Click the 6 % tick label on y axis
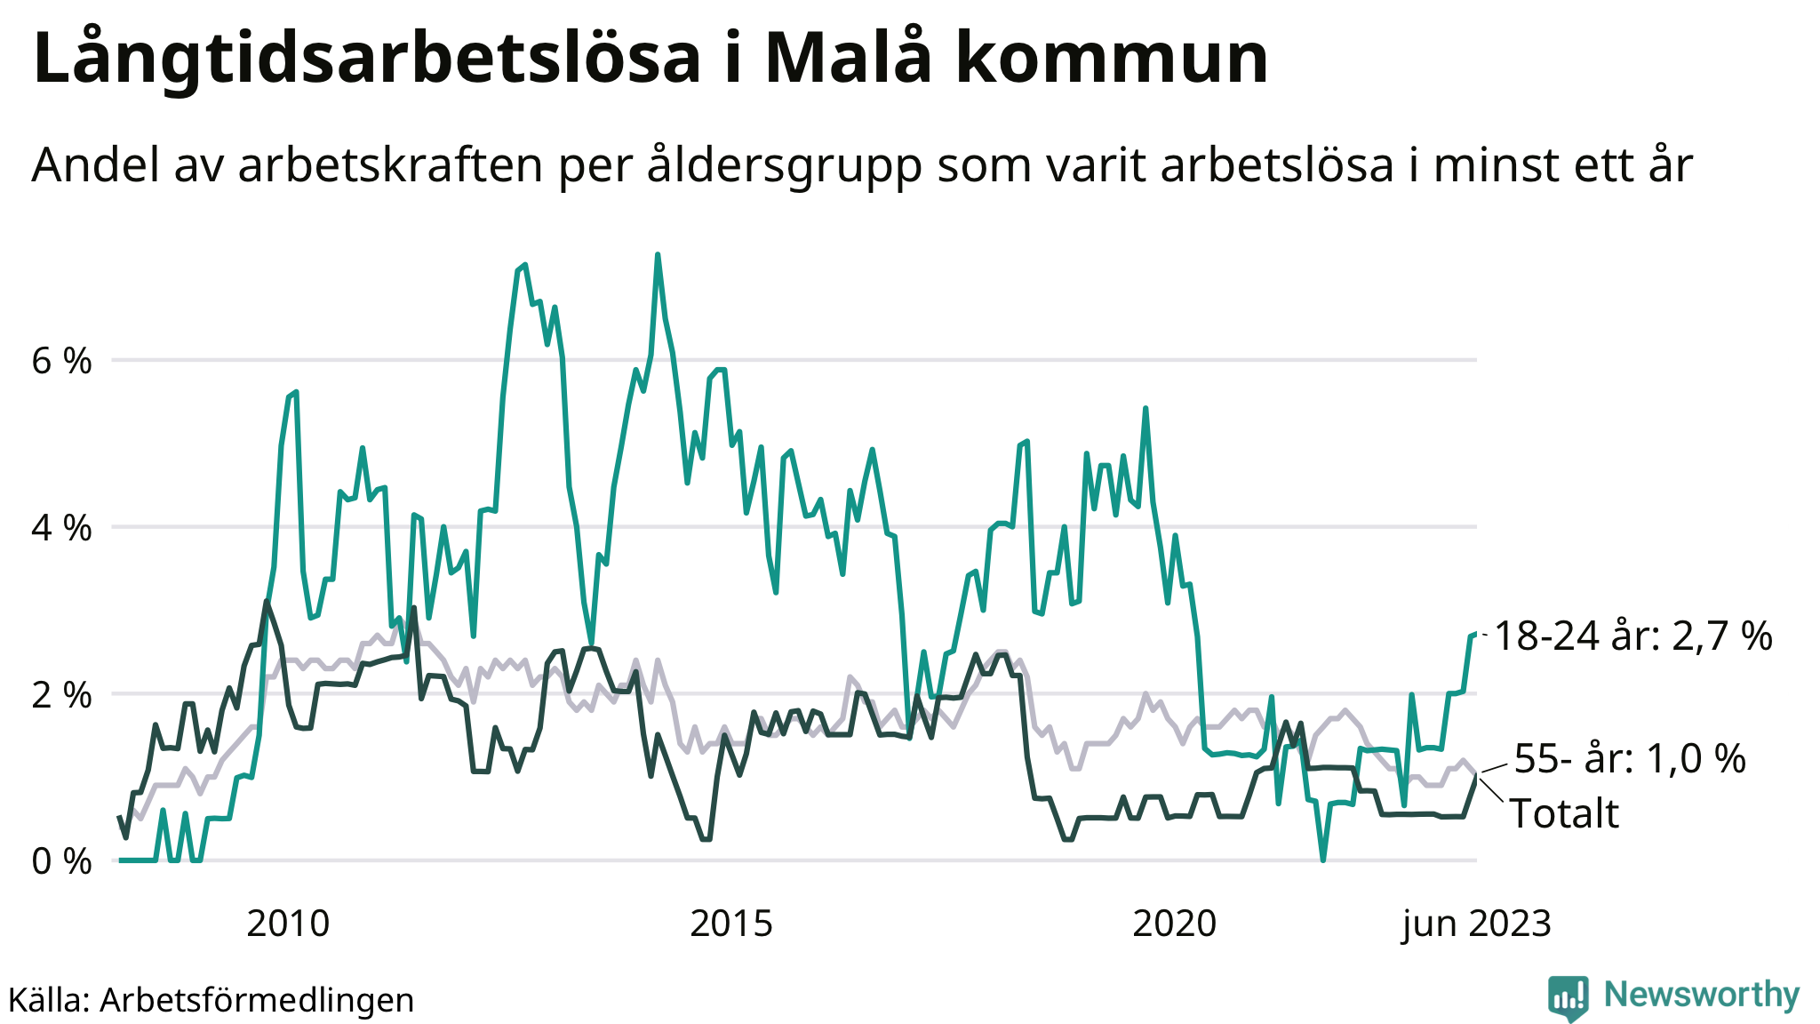click(61, 362)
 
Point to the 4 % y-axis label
click(61, 529)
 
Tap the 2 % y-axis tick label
click(61, 695)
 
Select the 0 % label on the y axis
click(61, 861)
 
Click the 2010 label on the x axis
click(288, 924)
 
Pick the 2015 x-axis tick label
click(731, 924)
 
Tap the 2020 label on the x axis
click(1174, 924)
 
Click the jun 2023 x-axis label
click(1476, 924)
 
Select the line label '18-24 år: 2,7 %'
click(1633, 636)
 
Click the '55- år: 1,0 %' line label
click(1630, 759)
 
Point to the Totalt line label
click(1564, 813)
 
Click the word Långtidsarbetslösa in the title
click(367, 59)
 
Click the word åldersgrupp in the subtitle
click(785, 165)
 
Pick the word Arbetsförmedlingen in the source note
click(257, 1000)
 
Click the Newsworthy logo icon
click(1568, 997)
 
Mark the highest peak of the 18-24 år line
click(658, 255)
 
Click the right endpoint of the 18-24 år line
click(1475, 634)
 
